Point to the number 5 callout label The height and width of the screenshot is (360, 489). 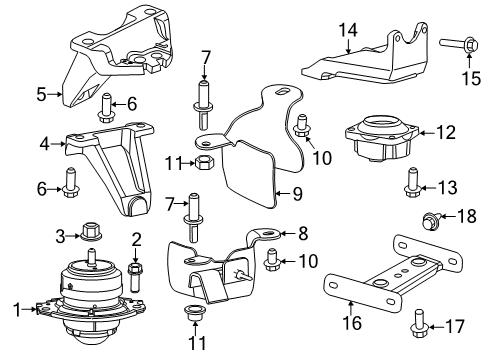(x=40, y=96)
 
